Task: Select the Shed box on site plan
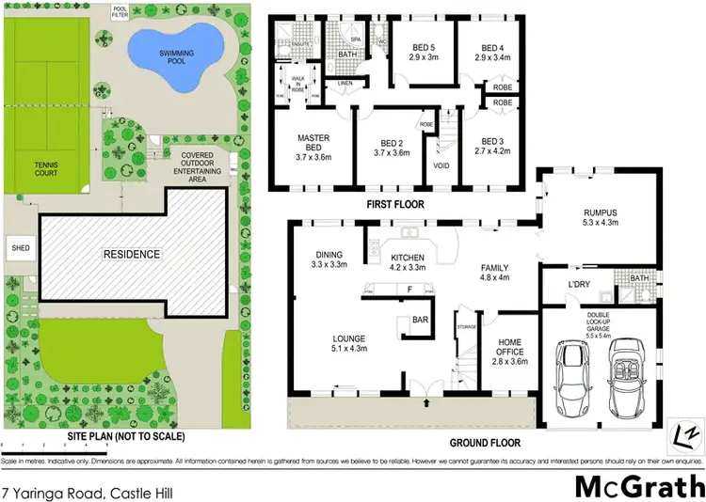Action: point(20,249)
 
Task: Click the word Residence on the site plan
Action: point(132,255)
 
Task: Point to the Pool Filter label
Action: point(120,12)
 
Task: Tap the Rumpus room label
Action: point(598,217)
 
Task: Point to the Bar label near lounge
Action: point(420,320)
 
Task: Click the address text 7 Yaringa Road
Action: point(88,492)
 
